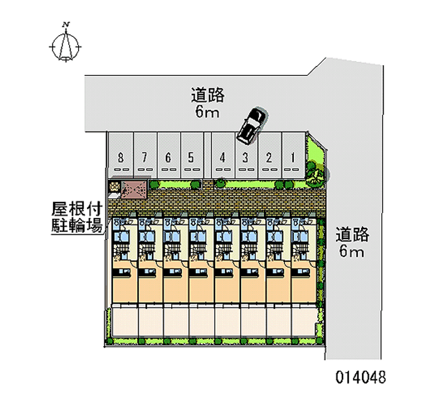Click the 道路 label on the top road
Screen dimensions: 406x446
tap(207, 95)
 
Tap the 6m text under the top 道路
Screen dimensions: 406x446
tap(207, 112)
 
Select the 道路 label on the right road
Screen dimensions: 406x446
tap(352, 235)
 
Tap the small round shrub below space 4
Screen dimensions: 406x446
tap(221, 182)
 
